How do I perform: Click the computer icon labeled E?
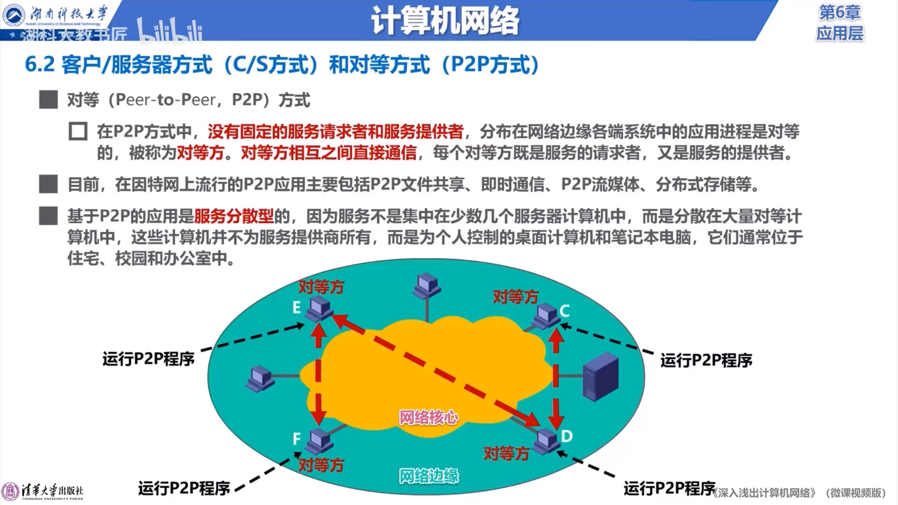pyautogui.click(x=319, y=309)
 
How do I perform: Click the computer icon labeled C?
pyautogui.click(x=546, y=316)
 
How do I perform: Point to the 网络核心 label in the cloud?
pyautogui.click(x=429, y=417)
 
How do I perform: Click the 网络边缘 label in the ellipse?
pyautogui.click(x=429, y=476)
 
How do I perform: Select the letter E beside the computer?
pyautogui.click(x=297, y=308)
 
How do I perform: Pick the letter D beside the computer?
pyautogui.click(x=567, y=436)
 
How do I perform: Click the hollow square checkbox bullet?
pyautogui.click(x=78, y=132)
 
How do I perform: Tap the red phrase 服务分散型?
pyautogui.click(x=234, y=216)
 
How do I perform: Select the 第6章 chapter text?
pyautogui.click(x=840, y=13)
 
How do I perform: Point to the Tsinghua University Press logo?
pyautogui.click(x=42, y=492)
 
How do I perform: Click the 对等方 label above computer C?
pyautogui.click(x=516, y=297)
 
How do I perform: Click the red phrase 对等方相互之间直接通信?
pyautogui.click(x=329, y=153)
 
